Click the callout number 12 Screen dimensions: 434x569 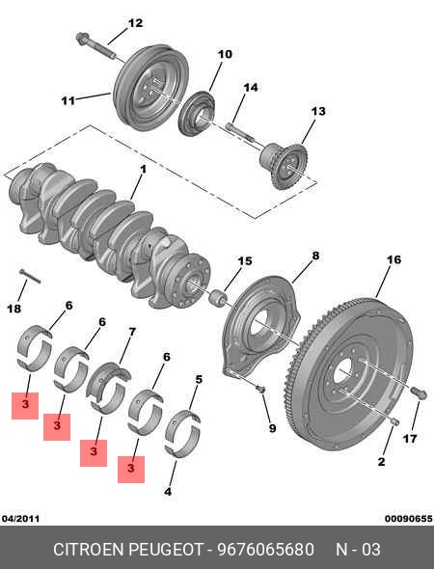(x=135, y=23)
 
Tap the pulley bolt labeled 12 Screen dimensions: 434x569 (x=95, y=46)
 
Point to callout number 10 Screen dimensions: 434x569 (x=225, y=54)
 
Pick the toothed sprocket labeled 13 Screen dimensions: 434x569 (x=284, y=166)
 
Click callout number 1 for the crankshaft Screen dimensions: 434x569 (x=143, y=170)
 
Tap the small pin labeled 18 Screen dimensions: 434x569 (x=30, y=277)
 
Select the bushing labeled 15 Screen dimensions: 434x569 (x=219, y=298)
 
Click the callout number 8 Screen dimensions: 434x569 (x=315, y=256)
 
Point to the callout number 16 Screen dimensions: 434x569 (x=393, y=259)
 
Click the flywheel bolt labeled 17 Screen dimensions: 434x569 (x=419, y=393)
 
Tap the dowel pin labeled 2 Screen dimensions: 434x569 (x=394, y=420)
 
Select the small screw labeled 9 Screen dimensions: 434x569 (x=260, y=389)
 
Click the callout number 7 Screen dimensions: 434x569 (x=132, y=332)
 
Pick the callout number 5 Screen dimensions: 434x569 (x=199, y=380)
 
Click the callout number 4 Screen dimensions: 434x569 (x=168, y=492)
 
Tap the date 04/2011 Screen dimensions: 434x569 (x=20, y=519)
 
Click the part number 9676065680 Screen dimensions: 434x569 (x=265, y=550)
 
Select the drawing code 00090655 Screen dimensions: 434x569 (x=409, y=519)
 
